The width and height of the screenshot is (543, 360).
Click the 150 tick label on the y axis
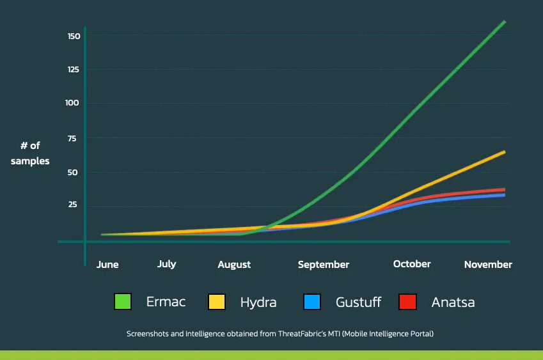tap(74, 36)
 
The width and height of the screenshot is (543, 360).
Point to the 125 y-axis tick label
tap(74, 69)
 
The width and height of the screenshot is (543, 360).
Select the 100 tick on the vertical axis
tap(73, 103)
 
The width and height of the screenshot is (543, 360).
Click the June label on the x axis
tap(107, 265)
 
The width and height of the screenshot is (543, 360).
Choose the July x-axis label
tap(166, 264)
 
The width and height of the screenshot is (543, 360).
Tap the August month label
tap(234, 265)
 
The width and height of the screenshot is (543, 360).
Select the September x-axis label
tap(324, 265)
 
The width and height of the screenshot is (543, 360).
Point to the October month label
tap(412, 264)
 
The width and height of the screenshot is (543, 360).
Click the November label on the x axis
tap(488, 265)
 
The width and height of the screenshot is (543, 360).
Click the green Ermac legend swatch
tap(122, 302)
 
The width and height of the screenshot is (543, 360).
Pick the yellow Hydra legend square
tap(217, 302)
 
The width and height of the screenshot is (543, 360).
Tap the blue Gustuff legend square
tap(312, 302)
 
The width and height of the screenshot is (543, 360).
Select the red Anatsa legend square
tap(407, 302)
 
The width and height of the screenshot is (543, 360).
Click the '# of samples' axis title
tap(30, 153)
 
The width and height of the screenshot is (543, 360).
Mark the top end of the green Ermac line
tap(504, 22)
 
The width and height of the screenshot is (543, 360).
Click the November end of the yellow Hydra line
tap(504, 152)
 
